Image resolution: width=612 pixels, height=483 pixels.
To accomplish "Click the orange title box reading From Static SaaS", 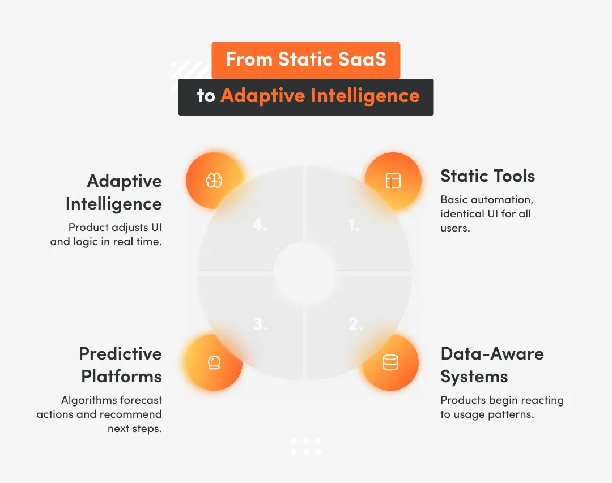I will click(x=306, y=60).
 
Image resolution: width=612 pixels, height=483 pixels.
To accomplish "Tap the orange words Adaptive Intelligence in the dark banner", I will click(x=320, y=96).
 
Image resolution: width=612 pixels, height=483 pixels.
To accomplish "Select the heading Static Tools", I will click(x=487, y=176).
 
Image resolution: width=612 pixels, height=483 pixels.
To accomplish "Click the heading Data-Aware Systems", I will click(x=492, y=365).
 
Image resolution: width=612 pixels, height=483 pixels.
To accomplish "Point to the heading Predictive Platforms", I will click(x=121, y=365).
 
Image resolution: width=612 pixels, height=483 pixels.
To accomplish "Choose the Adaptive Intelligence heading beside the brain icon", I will click(x=114, y=193).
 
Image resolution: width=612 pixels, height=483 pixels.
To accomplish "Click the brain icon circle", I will click(x=214, y=181).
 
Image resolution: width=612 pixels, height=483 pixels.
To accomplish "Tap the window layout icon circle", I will click(x=393, y=181).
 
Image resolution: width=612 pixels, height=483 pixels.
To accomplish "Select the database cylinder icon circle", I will click(x=390, y=362).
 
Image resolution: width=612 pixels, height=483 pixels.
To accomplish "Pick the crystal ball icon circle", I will click(x=214, y=362).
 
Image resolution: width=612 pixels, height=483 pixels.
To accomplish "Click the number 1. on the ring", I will click(x=354, y=225).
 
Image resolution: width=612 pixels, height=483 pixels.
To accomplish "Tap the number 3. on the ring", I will click(x=260, y=324).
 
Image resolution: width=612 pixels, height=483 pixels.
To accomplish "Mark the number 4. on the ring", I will click(x=260, y=225).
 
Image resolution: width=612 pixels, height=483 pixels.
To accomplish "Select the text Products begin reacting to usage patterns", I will click(x=501, y=407).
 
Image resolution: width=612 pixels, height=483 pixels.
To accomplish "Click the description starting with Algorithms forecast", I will click(x=100, y=414).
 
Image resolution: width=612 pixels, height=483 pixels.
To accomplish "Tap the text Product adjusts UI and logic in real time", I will click(x=107, y=235).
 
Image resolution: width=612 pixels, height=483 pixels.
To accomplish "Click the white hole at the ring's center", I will click(x=305, y=273).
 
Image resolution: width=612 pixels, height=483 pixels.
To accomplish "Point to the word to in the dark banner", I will click(x=206, y=96).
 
